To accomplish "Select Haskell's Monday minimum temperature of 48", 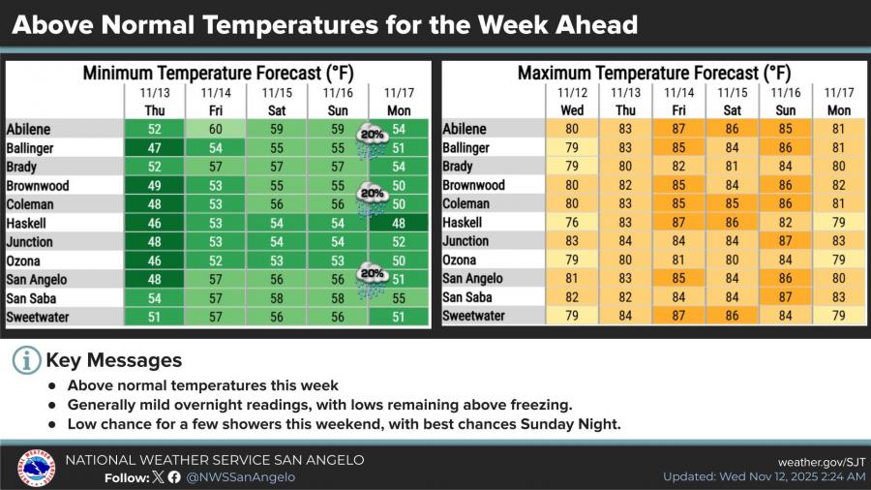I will [398, 223].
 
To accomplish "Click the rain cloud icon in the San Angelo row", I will [373, 282].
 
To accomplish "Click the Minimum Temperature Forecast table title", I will [217, 73].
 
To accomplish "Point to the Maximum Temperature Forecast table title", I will [653, 73].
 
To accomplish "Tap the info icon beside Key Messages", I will [27, 360].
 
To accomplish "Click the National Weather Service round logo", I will [36, 468].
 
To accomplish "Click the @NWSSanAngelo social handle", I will [240, 476].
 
